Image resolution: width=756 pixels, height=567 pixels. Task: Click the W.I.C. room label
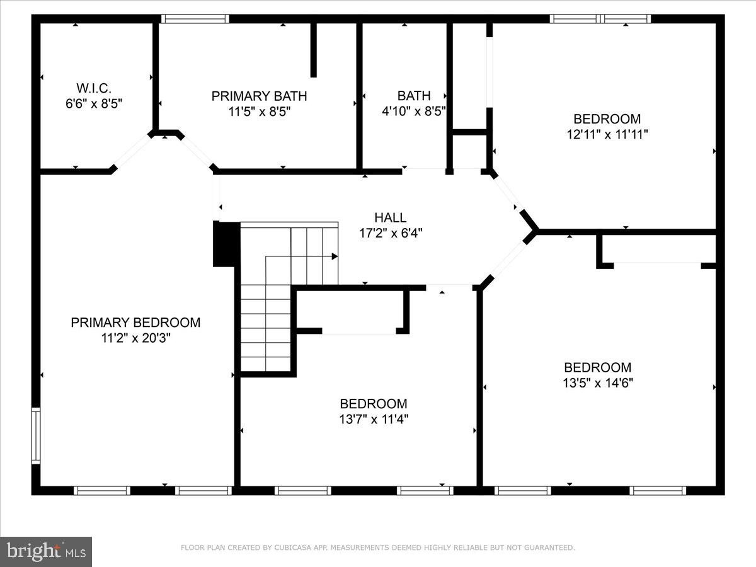pos(94,88)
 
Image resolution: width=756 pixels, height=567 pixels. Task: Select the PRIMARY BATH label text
pos(259,96)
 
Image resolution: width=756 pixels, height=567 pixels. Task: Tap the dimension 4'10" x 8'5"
pos(414,112)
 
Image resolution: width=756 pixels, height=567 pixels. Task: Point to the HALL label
pos(390,217)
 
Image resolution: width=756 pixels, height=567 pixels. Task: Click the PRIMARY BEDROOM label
pos(135,323)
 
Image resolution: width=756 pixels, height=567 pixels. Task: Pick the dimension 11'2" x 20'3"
pos(135,338)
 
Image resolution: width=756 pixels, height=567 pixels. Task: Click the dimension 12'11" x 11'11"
pos(607,134)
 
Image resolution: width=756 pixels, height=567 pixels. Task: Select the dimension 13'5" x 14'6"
pos(597,383)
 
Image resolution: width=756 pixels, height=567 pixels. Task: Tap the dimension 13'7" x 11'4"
pos(374,419)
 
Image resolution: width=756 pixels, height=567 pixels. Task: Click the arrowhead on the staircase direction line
pos(335,256)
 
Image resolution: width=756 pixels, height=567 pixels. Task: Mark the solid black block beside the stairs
pos(226,244)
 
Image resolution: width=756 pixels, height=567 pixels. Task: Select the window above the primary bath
pos(194,19)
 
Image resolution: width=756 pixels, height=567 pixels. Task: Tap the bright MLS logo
pos(46,551)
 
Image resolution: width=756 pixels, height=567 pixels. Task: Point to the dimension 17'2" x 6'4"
pos(390,233)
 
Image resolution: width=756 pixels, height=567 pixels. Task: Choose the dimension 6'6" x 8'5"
pos(94,104)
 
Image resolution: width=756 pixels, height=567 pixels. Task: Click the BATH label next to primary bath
pos(414,96)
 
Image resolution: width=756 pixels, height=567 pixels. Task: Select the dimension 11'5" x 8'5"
pos(259,112)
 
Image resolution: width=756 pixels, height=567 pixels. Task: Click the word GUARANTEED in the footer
pos(550,548)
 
